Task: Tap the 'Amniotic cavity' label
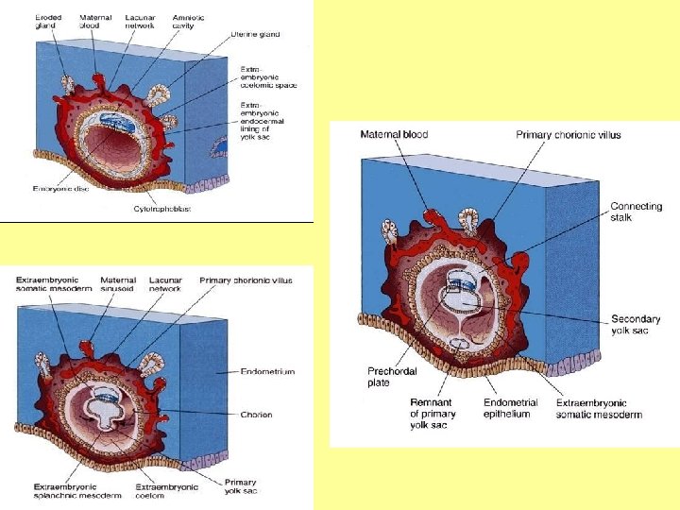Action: coord(188,22)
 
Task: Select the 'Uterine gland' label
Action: coord(255,35)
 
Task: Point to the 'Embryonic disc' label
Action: coord(62,189)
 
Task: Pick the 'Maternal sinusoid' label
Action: coord(117,284)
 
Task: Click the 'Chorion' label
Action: coord(256,415)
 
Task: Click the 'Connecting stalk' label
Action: coord(636,212)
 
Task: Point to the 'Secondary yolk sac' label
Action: coord(635,325)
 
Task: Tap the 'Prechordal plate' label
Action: coord(390,377)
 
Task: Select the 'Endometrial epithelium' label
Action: coord(510,408)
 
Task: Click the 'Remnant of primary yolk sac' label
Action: coord(433,414)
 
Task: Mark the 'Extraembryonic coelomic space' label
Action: coord(268,79)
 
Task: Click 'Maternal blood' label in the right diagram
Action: coord(394,134)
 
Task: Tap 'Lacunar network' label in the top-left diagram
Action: coord(140,22)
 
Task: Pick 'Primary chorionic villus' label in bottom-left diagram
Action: coord(246,280)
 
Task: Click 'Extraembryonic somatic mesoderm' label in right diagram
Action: coord(599,408)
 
